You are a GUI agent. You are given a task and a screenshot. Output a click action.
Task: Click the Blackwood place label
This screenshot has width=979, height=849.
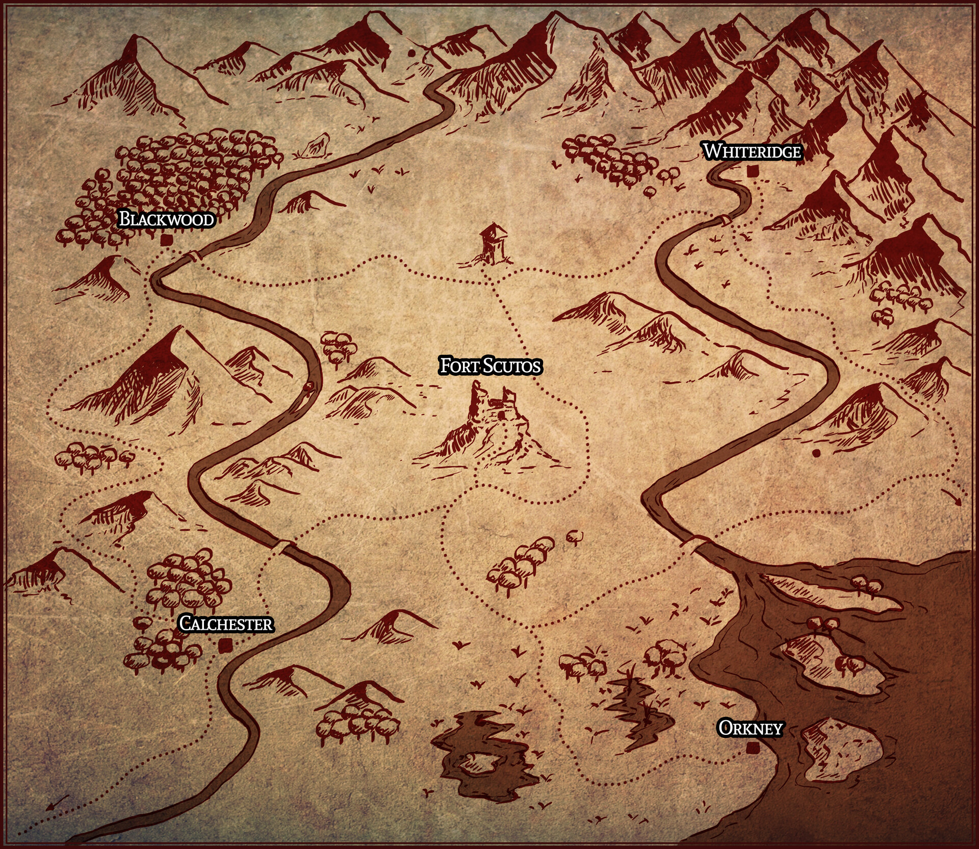tap(166, 219)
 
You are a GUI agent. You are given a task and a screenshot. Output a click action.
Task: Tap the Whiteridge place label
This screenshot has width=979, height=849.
tap(752, 151)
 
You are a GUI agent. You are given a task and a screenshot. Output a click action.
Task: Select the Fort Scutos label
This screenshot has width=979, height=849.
tap(490, 366)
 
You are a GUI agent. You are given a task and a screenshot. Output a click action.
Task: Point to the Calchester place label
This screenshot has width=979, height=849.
tap(226, 624)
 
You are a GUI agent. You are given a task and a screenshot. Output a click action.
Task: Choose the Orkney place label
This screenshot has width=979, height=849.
tap(750, 729)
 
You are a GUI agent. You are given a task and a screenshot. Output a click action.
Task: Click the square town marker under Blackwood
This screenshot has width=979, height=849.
tap(165, 240)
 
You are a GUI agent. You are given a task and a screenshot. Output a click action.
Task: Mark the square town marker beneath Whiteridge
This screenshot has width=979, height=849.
tap(751, 171)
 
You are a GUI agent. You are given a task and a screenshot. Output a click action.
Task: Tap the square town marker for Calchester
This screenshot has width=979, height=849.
tap(223, 646)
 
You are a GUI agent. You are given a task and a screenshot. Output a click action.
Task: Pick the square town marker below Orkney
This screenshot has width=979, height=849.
tap(751, 749)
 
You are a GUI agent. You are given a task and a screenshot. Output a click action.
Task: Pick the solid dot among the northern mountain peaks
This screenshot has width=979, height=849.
tap(410, 53)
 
